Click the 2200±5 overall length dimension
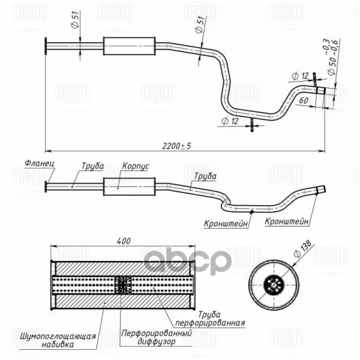click(176, 146)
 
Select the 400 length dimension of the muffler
click(124, 241)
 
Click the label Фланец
click(40, 163)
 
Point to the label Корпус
click(136, 166)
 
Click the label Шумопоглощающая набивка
click(58, 340)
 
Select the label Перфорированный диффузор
click(157, 337)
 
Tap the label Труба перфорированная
click(210, 319)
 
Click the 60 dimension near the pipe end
click(304, 100)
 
